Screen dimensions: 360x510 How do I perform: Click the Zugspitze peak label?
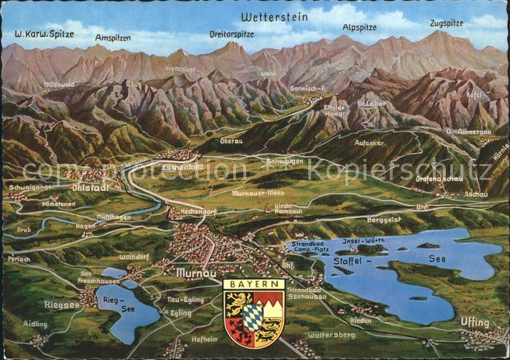coord(446,23)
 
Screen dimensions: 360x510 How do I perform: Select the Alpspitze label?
coord(360,28)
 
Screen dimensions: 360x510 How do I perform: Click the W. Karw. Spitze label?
coord(44,34)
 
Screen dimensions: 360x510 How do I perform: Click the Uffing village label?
coord(474,321)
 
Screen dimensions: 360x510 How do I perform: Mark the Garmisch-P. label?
coord(307,88)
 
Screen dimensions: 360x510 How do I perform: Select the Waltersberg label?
coord(331,334)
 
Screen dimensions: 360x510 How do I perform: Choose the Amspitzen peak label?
coord(113,36)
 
